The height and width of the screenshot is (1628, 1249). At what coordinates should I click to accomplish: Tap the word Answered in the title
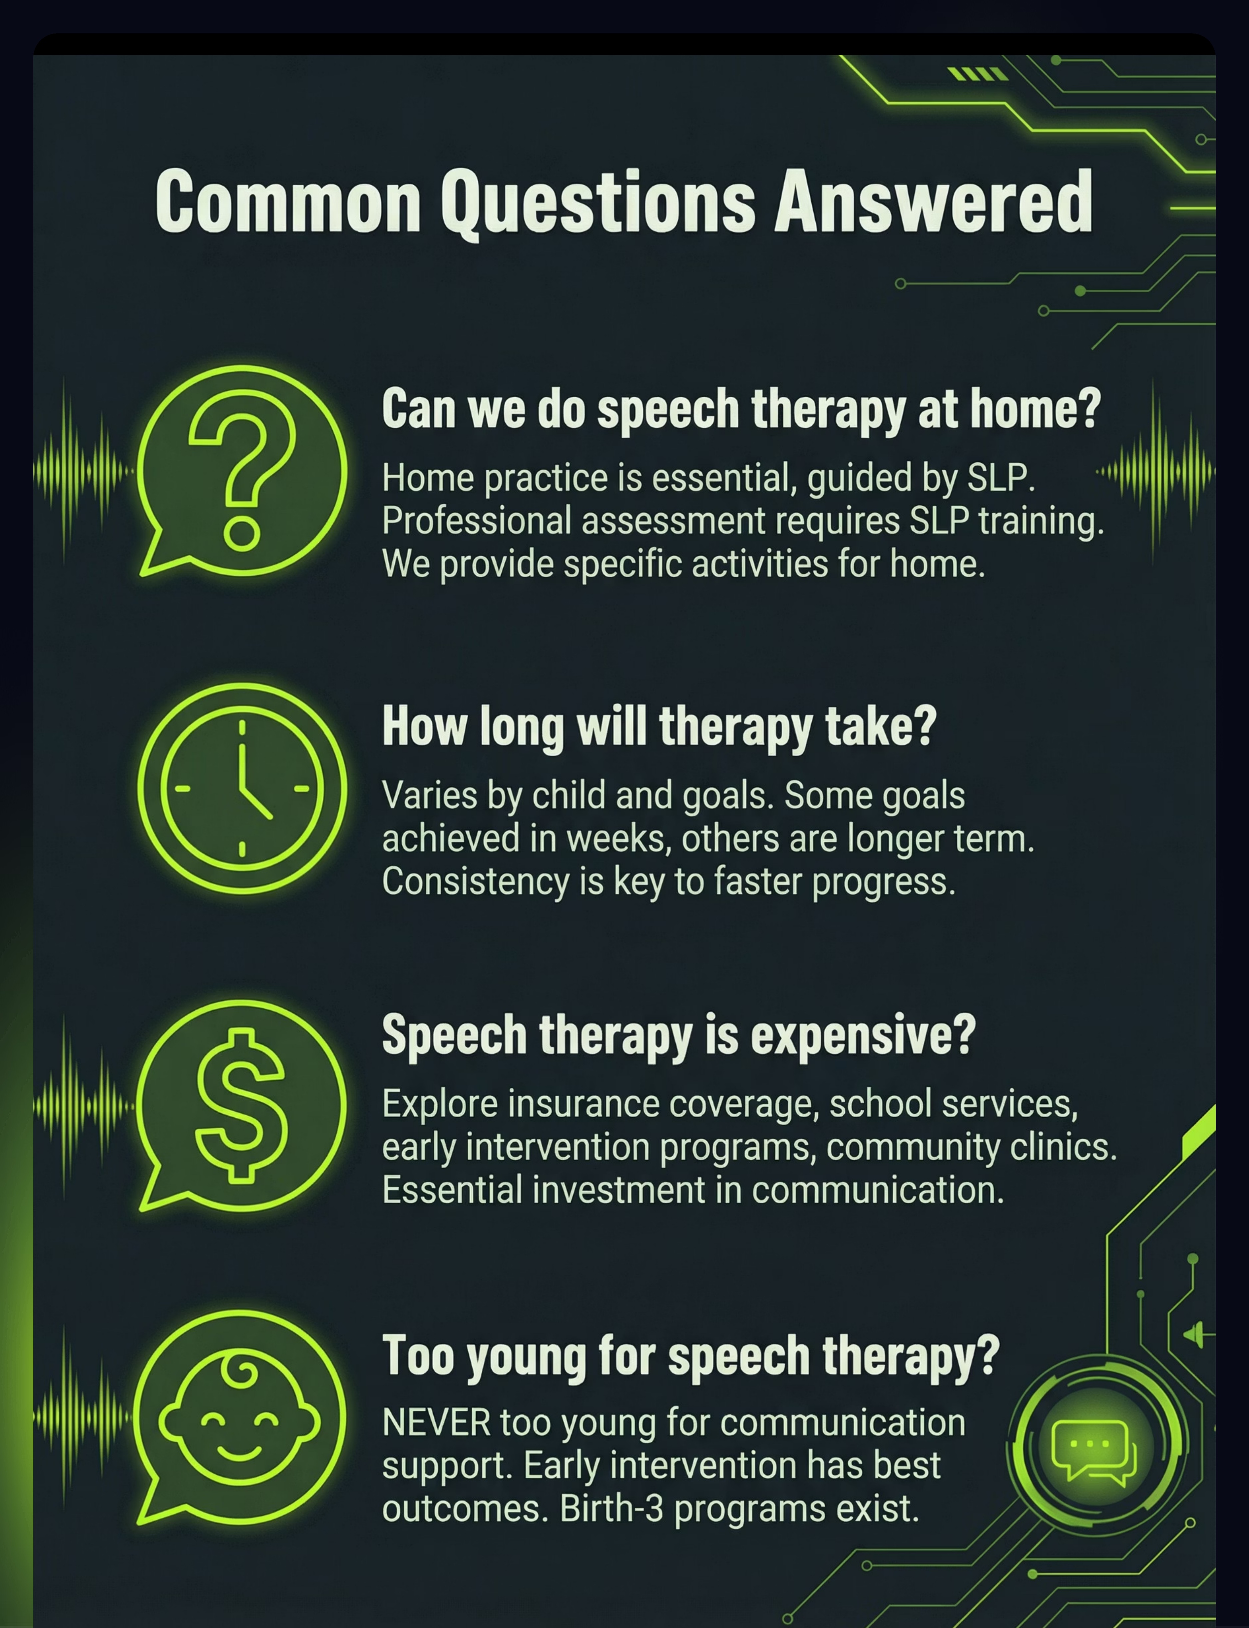point(934,201)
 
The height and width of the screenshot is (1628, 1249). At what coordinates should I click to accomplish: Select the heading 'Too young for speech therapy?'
point(691,1355)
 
